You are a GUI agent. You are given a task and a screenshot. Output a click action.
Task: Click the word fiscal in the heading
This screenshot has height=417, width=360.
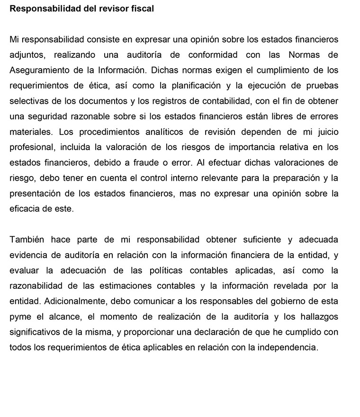tap(142, 9)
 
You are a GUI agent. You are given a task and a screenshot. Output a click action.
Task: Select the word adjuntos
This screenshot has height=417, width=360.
tap(27, 55)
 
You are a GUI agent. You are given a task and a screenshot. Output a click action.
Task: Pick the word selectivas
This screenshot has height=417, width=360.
tap(27, 101)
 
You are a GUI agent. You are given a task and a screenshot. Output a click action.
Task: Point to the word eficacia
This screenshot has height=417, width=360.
tap(24, 209)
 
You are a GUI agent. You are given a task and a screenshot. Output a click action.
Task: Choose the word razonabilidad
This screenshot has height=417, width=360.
tap(37, 285)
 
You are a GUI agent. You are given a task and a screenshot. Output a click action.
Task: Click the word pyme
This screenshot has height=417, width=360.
tap(19, 316)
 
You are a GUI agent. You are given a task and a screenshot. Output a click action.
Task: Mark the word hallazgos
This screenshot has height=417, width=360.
tap(319, 316)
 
